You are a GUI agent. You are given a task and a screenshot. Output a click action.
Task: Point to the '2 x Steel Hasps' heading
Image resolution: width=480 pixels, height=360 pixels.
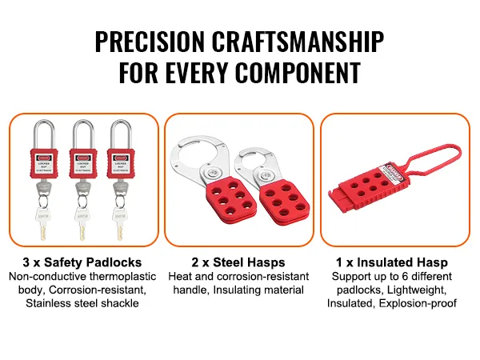[x=238, y=262]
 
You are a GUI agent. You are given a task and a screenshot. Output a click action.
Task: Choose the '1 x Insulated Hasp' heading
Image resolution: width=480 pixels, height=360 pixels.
[x=391, y=262]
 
